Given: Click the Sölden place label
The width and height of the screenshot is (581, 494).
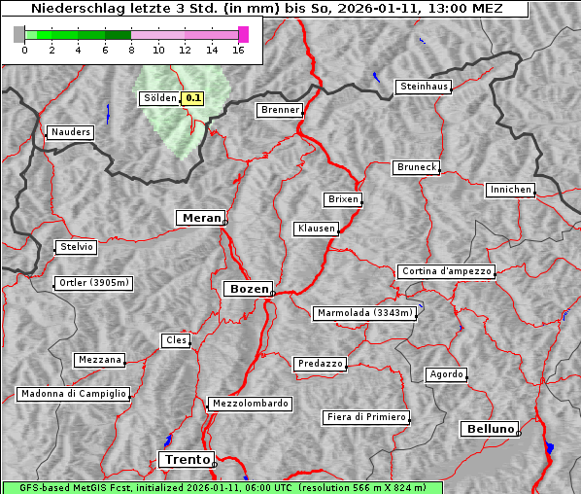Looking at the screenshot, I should pos(159,98).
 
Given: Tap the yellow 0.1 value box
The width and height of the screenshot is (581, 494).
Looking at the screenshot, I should pos(193,98).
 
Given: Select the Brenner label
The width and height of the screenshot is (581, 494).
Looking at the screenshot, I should pos(280,110).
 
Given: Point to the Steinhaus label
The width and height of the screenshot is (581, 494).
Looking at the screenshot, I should pos(424,87).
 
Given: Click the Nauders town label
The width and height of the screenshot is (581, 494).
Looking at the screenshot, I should pos(70,132).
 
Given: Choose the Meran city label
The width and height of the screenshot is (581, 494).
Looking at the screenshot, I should pos(201,218).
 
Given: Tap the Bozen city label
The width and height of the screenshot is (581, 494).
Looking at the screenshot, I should pos(248,289).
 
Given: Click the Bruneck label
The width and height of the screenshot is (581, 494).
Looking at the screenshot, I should pos(417,167).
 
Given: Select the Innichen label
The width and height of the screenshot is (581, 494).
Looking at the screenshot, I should pos(510,190).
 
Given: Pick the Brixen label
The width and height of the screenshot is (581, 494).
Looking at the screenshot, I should pos(343,199).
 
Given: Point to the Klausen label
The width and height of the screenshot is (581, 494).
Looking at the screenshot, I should pos(315,229).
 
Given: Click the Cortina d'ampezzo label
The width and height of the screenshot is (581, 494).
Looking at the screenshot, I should pos(446,271).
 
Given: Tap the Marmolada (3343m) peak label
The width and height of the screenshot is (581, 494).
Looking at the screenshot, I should pos(365,313).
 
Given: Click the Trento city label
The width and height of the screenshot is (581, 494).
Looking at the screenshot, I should pos(185,459).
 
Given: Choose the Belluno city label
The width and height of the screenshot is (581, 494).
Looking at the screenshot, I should pos(490,428).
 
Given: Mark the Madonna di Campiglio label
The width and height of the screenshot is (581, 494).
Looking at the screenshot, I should pos(73,394).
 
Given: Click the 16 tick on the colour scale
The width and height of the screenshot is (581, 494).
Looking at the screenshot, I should pos(238,50).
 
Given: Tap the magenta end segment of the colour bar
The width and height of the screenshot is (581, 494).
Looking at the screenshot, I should pos(243,34).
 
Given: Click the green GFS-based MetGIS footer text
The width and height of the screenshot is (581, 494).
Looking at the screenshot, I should pos(222,487).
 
